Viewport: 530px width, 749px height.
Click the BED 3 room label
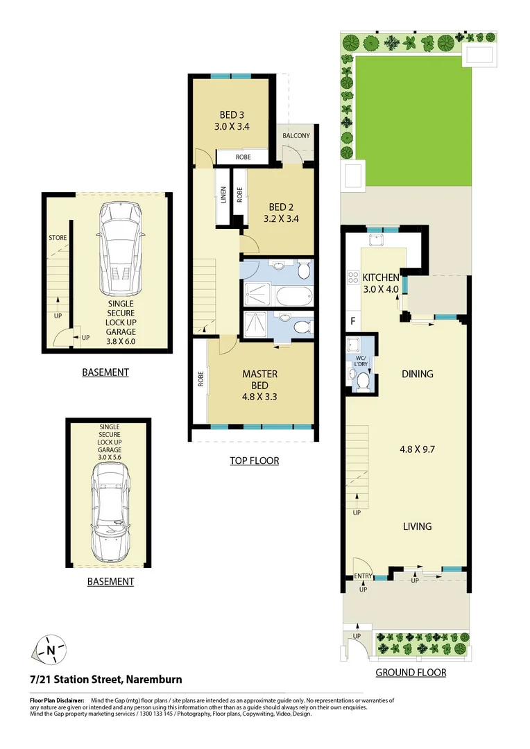pyautogui.click(x=232, y=114)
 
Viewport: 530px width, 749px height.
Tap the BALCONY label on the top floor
pyautogui.click(x=296, y=135)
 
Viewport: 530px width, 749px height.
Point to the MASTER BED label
pyautogui.click(x=260, y=379)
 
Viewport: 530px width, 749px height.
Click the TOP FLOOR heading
pyautogui.click(x=254, y=460)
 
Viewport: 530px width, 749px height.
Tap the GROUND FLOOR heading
pyautogui.click(x=411, y=673)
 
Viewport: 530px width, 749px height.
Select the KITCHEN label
pyautogui.click(x=381, y=277)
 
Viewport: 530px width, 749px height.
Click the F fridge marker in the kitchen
pyautogui.click(x=352, y=321)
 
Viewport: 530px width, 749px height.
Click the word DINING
pyautogui.click(x=418, y=374)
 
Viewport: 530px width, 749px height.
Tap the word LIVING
pyautogui.click(x=417, y=526)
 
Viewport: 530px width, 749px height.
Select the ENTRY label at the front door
pyautogui.click(x=362, y=576)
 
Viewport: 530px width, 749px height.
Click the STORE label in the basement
pyautogui.click(x=58, y=238)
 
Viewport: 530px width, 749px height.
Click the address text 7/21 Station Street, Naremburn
pyautogui.click(x=106, y=680)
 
